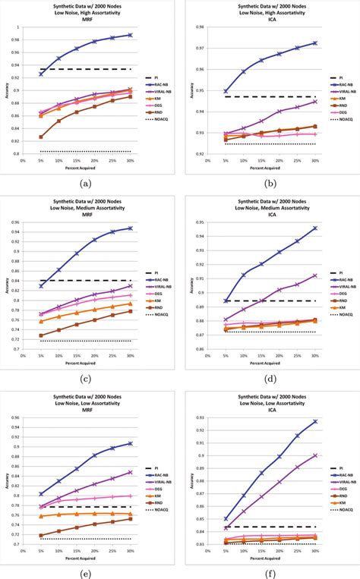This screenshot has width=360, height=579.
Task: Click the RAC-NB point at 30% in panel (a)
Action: click(x=130, y=35)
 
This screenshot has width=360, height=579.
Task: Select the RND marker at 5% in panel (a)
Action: click(x=41, y=137)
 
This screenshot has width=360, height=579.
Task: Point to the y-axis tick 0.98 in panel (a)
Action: click(x=14, y=40)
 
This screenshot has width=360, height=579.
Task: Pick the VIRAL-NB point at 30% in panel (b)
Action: click(x=314, y=101)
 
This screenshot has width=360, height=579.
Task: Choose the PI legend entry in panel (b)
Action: click(x=343, y=77)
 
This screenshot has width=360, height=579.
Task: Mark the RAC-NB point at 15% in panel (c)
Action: click(x=77, y=253)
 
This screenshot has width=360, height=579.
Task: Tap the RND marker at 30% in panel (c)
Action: click(x=130, y=311)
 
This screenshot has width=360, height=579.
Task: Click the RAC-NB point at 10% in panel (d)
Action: click(x=244, y=275)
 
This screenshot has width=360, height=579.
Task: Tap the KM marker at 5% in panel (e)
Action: click(x=41, y=516)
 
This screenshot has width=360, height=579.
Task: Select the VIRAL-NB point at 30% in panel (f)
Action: click(x=314, y=455)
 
